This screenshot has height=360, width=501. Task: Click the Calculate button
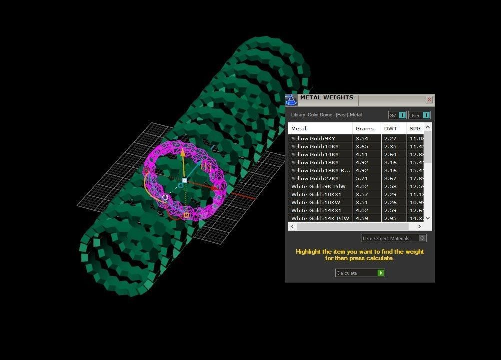click(360, 273)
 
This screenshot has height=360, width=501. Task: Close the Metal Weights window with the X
click(429, 100)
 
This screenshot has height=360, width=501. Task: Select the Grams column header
click(364, 128)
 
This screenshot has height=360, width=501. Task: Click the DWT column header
click(390, 128)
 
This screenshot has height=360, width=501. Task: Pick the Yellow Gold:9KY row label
click(313, 138)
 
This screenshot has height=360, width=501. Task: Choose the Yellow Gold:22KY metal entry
click(315, 178)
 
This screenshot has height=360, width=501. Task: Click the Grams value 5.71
click(362, 178)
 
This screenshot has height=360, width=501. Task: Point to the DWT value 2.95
click(390, 218)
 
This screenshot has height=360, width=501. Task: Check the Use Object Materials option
click(423, 238)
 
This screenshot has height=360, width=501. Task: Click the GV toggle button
click(402, 115)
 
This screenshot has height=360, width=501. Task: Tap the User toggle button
click(426, 115)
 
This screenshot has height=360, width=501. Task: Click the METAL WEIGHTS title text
click(326, 98)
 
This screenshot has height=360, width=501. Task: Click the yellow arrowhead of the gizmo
click(183, 152)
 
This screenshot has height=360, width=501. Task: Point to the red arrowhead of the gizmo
click(218, 188)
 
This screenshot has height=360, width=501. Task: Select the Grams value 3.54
click(362, 138)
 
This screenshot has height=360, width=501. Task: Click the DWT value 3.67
click(390, 178)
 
